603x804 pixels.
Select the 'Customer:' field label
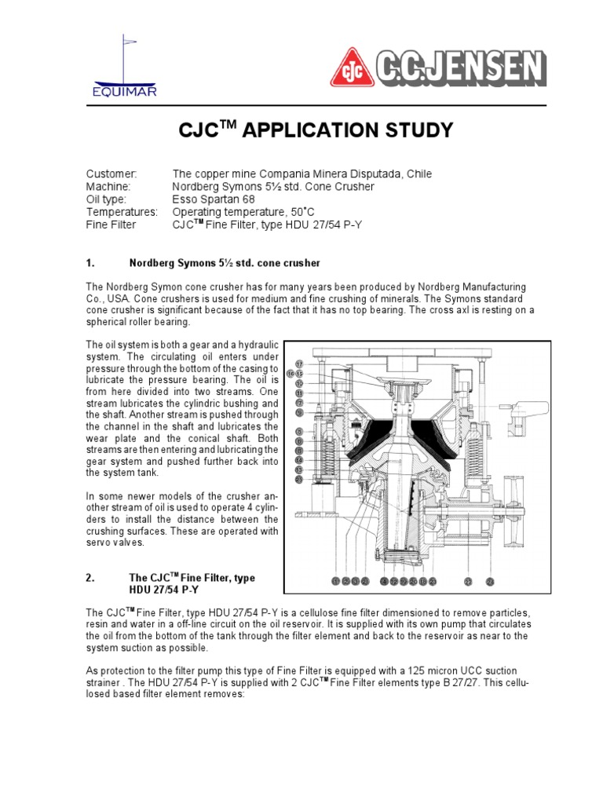pyautogui.click(x=111, y=174)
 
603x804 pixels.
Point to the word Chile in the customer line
pyautogui.click(x=418, y=174)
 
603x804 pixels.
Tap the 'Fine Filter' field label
pyautogui.click(x=111, y=225)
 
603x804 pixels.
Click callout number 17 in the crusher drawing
pyautogui.click(x=299, y=364)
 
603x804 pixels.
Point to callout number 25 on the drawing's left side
pyautogui.click(x=299, y=478)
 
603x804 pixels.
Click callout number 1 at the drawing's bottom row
pyautogui.click(x=335, y=581)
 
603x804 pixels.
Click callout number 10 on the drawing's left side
pyautogui.click(x=299, y=383)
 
